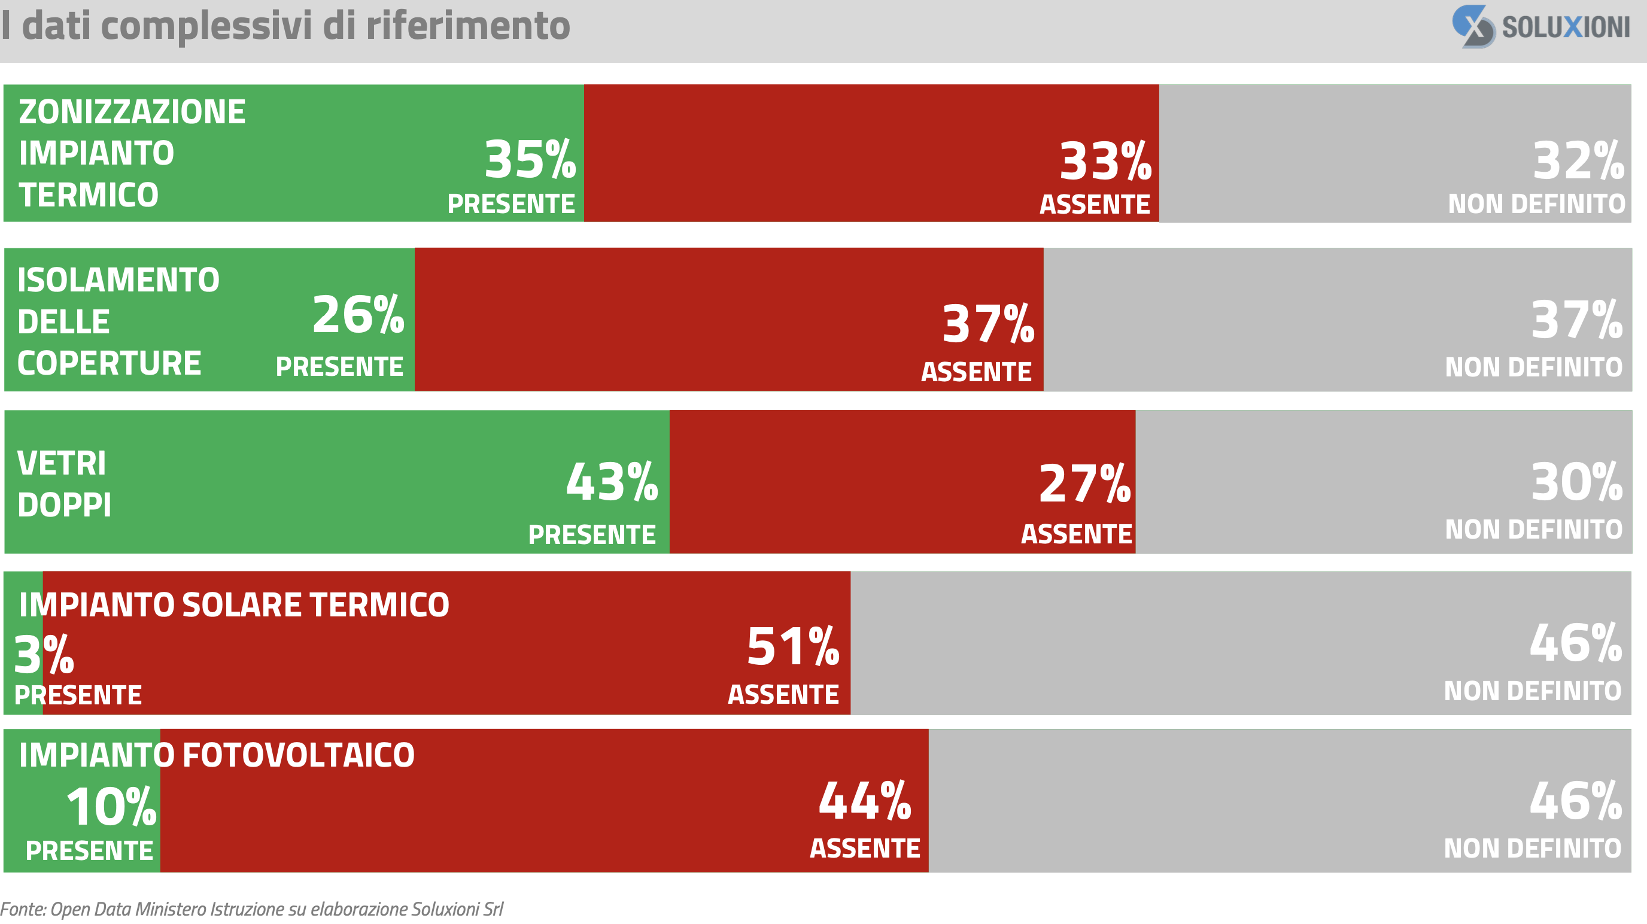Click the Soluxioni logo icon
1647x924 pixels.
pos(1472,26)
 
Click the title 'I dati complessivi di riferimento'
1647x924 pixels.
pos(286,26)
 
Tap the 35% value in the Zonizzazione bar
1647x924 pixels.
pos(530,159)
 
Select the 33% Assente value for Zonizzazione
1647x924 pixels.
pos(1105,161)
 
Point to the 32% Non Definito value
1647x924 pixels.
pos(1578,160)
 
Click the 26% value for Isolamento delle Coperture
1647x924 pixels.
pos(358,315)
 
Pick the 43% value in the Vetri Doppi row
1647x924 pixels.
pos(612,482)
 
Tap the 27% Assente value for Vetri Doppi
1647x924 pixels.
pos(1084,484)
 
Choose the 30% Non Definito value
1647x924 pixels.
pos(1576,482)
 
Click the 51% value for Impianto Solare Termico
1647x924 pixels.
pos(793,646)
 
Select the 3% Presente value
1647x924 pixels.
pos(44,655)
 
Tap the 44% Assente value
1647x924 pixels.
pos(864,801)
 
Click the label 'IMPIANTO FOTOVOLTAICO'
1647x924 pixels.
pos(217,755)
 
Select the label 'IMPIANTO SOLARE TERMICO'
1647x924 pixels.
pos(234,605)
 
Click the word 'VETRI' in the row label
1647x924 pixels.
pos(62,464)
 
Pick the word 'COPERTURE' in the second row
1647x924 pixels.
pos(110,363)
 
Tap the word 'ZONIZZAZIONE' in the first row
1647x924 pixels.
pos(132,112)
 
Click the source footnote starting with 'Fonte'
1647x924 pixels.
pos(251,908)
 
